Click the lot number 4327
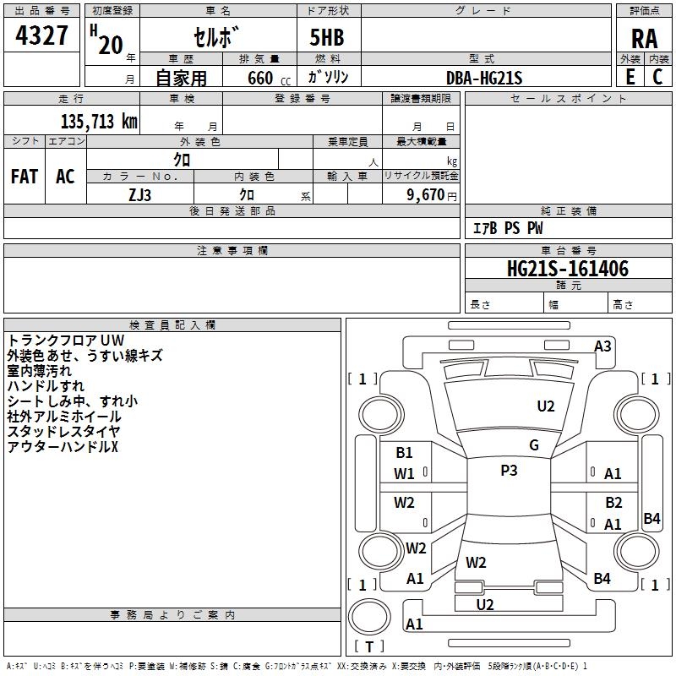pyautogui.click(x=41, y=36)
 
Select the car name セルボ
pyautogui.click(x=217, y=39)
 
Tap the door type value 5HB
pyautogui.click(x=327, y=39)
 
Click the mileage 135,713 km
pyautogui.click(x=98, y=121)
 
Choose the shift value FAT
pyautogui.click(x=25, y=177)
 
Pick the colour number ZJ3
pyautogui.click(x=141, y=194)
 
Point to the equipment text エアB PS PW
pyautogui.click(x=507, y=228)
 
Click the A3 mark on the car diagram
pyautogui.click(x=602, y=346)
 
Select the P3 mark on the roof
pyautogui.click(x=509, y=471)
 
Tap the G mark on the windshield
pyautogui.click(x=534, y=445)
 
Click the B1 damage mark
pyautogui.click(x=405, y=453)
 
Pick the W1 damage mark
pyautogui.click(x=405, y=473)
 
